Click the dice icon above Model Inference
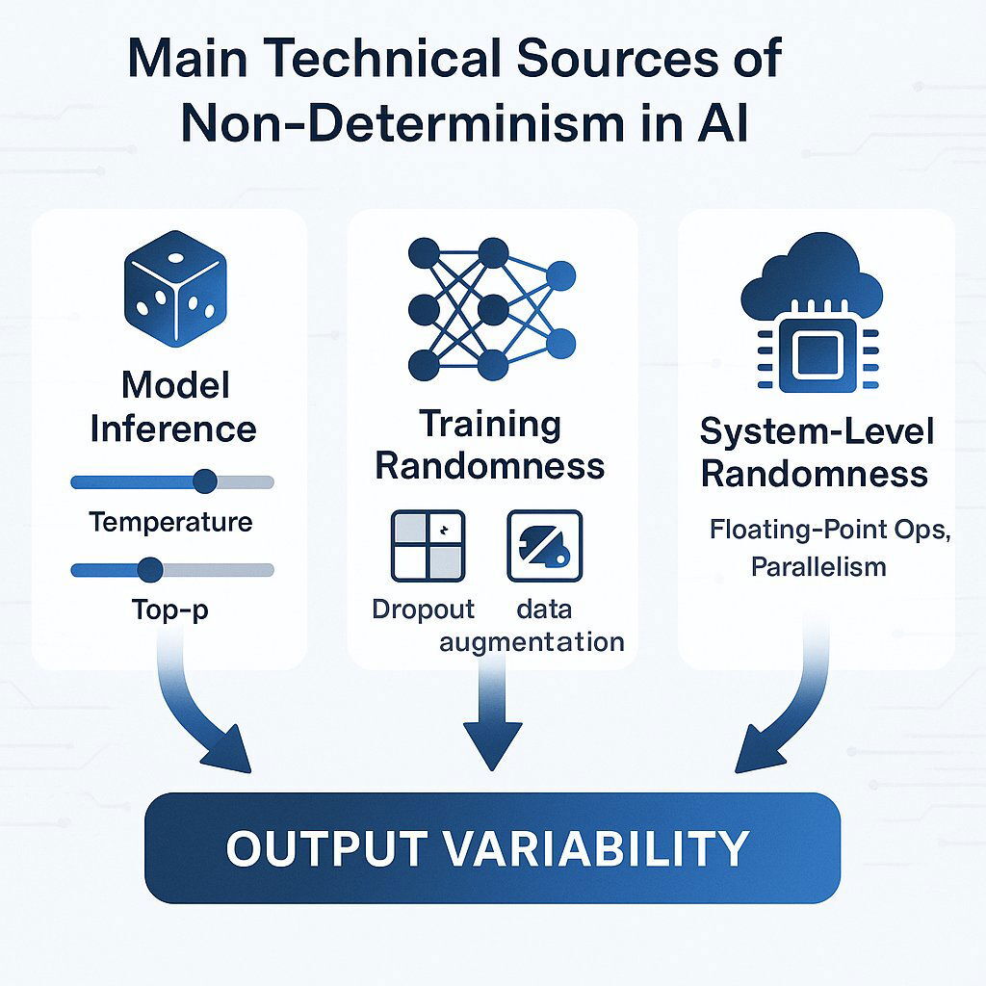coord(173,288)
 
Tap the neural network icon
coord(491,308)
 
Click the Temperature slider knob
coord(204,481)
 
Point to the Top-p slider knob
coord(149,570)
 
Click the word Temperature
coord(170,523)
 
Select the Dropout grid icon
coord(428,546)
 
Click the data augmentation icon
coord(544,546)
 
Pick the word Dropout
coord(423,610)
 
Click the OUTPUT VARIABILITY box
coord(492,847)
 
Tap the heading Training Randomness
coord(489,445)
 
